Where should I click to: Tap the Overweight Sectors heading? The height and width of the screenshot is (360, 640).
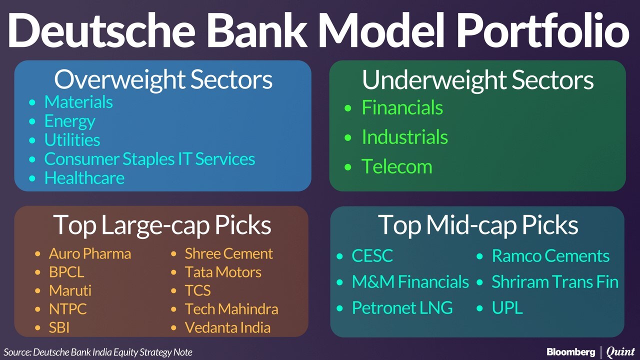click(163, 80)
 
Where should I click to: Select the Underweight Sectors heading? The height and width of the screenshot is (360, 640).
click(477, 80)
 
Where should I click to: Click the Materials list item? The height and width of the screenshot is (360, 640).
click(78, 102)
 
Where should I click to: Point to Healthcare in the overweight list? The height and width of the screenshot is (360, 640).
click(84, 178)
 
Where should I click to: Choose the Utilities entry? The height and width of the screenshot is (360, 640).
click(72, 140)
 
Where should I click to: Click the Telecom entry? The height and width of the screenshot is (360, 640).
click(397, 166)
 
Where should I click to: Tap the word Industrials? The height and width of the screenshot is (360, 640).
click(404, 137)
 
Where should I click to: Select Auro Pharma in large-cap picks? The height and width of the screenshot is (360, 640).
click(90, 253)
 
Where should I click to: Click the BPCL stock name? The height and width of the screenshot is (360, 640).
click(66, 272)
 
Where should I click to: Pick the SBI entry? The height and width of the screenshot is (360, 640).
click(59, 327)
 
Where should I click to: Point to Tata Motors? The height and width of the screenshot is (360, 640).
click(223, 272)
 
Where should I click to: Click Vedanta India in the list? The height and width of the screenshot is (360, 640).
click(227, 327)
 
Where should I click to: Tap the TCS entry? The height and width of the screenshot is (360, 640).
click(197, 290)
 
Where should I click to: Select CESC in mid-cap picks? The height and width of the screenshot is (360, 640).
click(372, 255)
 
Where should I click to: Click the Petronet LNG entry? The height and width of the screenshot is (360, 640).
click(402, 307)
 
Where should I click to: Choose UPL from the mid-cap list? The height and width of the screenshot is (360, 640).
click(507, 307)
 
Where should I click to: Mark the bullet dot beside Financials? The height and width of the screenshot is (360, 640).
click(347, 108)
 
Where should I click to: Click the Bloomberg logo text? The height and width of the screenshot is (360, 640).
click(571, 351)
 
